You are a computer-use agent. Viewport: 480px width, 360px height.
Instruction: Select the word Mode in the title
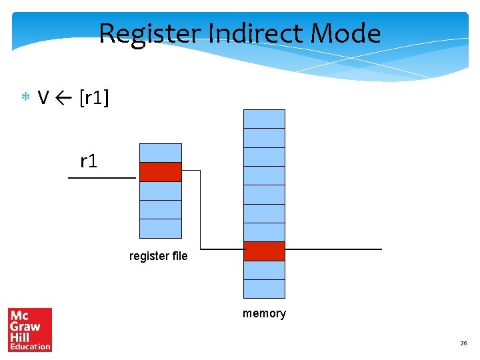tap(348, 33)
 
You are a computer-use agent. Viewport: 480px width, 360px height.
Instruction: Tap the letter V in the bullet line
tap(43, 99)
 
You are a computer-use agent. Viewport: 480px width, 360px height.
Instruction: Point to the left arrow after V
tap(65, 99)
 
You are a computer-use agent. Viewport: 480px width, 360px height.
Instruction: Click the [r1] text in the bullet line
tap(94, 99)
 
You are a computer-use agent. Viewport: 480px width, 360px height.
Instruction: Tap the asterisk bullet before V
tap(25, 99)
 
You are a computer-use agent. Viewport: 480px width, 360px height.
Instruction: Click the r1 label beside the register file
tap(89, 161)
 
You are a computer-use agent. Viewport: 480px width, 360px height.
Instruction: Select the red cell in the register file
tap(160, 172)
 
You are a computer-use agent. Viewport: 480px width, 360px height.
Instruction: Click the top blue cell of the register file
tap(160, 153)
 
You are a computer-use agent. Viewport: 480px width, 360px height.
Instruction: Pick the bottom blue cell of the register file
tap(160, 229)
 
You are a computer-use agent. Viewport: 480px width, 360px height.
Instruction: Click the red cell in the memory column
tap(264, 251)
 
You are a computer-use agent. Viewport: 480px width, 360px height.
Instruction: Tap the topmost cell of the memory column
tap(264, 119)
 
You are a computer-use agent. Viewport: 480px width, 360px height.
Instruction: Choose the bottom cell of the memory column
tap(264, 289)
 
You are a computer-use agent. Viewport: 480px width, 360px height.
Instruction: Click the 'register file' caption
tap(159, 256)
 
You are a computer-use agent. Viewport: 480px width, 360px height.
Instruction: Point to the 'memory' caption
tap(264, 313)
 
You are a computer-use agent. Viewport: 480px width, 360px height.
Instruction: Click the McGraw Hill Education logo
tap(30, 329)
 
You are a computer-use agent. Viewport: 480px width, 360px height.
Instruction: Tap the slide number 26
tap(463, 343)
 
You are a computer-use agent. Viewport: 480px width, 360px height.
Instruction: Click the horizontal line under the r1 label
tap(102, 179)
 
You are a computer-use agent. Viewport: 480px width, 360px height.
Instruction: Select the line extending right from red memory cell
tap(333, 249)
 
